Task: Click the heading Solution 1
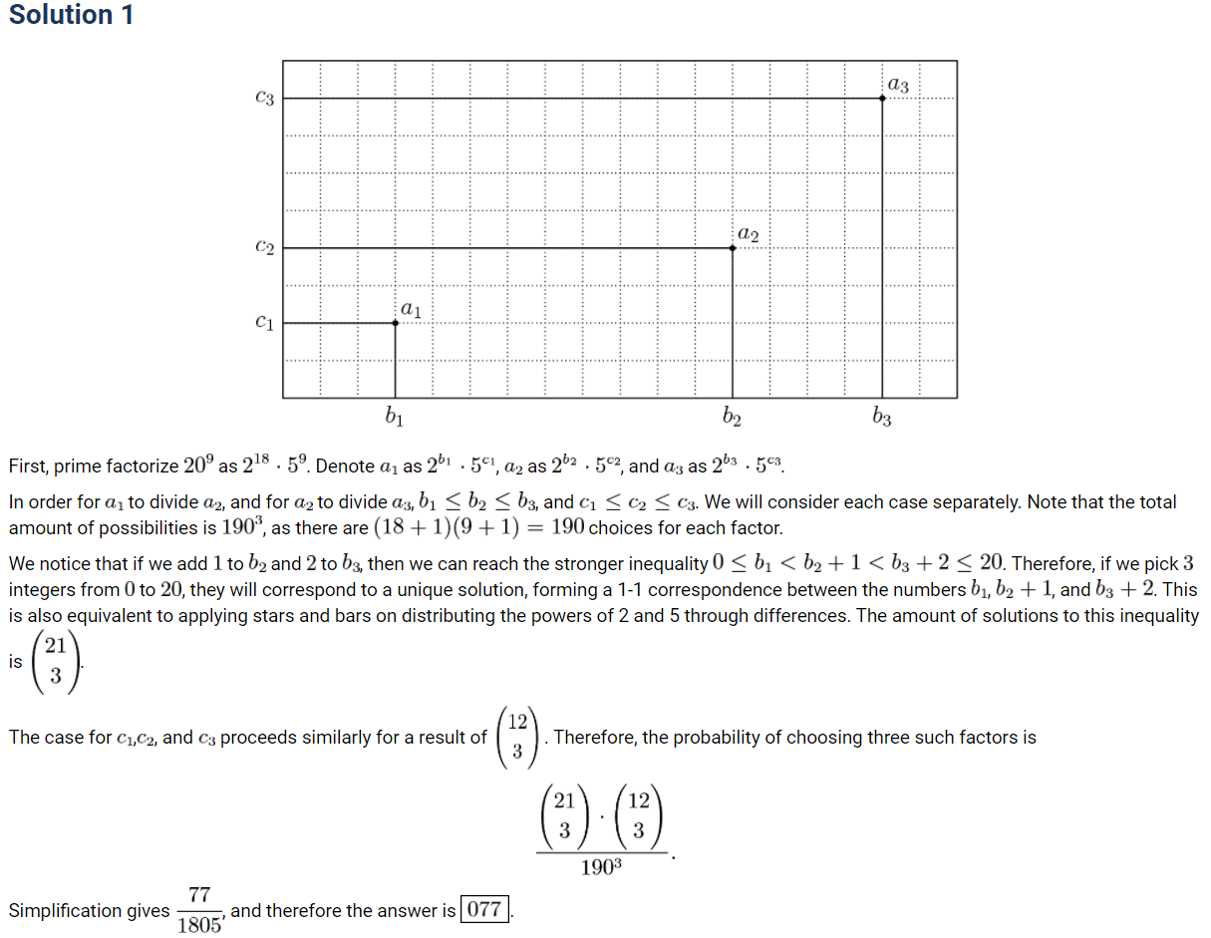71,15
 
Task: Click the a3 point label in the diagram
898,86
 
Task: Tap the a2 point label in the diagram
749,235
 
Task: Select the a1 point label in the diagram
411,310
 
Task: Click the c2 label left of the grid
264,247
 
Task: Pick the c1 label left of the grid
264,322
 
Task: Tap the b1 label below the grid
395,418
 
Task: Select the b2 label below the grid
733,418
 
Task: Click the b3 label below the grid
882,418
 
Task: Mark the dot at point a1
396,322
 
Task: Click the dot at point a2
733,247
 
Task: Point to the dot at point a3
882,98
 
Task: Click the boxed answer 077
485,910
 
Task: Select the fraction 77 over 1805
199,910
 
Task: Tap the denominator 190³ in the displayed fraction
602,867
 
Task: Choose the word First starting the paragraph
28,466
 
